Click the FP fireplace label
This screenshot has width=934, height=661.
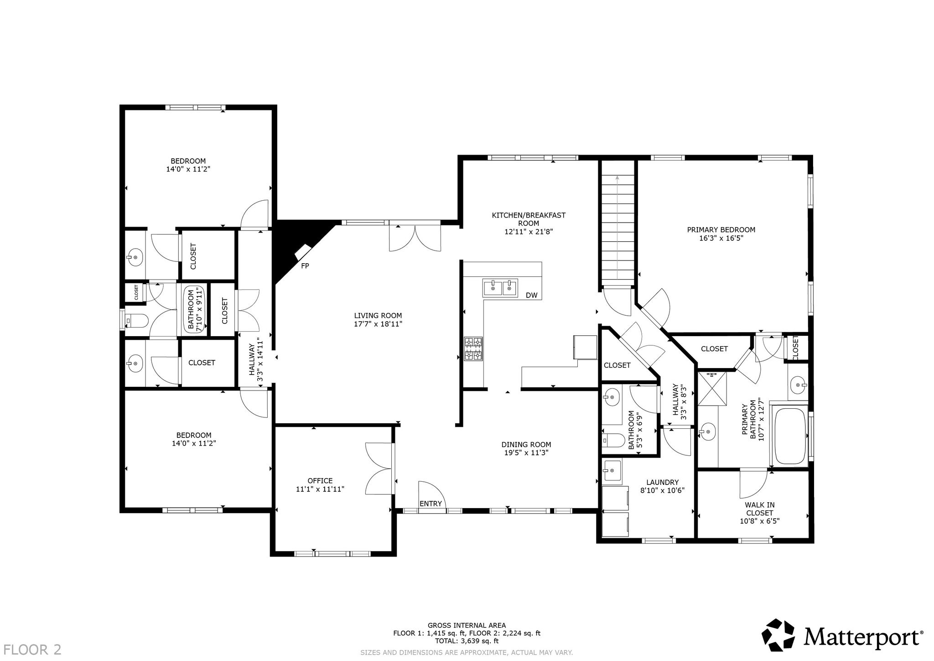click(x=305, y=265)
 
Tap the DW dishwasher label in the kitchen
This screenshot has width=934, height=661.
click(x=532, y=296)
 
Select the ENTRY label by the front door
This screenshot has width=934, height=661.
click(x=431, y=504)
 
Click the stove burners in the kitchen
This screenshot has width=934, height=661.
click(x=473, y=349)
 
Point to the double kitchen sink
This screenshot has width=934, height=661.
click(x=500, y=288)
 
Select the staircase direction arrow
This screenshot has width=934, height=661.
click(x=617, y=228)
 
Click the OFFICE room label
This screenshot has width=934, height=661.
click(x=320, y=480)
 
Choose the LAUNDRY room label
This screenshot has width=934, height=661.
click(x=663, y=482)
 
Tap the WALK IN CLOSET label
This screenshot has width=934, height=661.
click(x=760, y=509)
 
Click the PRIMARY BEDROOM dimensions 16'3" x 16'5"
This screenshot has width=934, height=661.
click(x=721, y=238)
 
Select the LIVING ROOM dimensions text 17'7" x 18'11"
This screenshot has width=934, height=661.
click(x=378, y=324)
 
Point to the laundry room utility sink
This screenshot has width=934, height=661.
click(x=612, y=471)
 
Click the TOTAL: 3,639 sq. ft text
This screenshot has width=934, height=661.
click(x=467, y=641)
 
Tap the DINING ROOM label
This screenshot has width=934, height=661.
click(x=526, y=444)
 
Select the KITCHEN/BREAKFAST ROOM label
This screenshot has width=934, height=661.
click(x=529, y=219)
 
